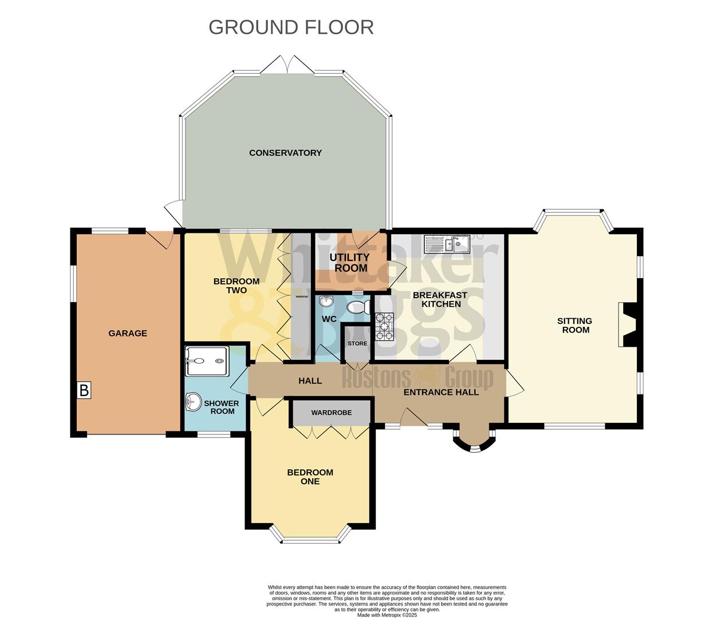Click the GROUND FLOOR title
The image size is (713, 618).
click(291, 27)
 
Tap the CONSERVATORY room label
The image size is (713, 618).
click(285, 153)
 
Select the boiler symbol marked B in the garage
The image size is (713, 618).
click(84, 391)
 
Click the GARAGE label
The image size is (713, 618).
click(128, 333)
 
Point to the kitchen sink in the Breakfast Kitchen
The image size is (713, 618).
click(447, 244)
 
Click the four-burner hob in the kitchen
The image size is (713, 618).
click(384, 327)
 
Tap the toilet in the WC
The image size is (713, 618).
click(359, 307)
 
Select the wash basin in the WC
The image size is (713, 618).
click(326, 301)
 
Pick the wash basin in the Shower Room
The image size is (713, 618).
click(192, 403)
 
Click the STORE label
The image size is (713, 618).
click(357, 343)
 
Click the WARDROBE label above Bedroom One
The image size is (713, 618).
click(332, 413)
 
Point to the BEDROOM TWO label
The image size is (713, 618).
click(236, 286)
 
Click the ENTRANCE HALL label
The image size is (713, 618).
click(441, 392)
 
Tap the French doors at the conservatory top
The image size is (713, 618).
click(286, 64)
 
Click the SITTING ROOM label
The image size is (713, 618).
click(575, 325)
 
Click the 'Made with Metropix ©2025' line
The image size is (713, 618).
click(387, 615)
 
